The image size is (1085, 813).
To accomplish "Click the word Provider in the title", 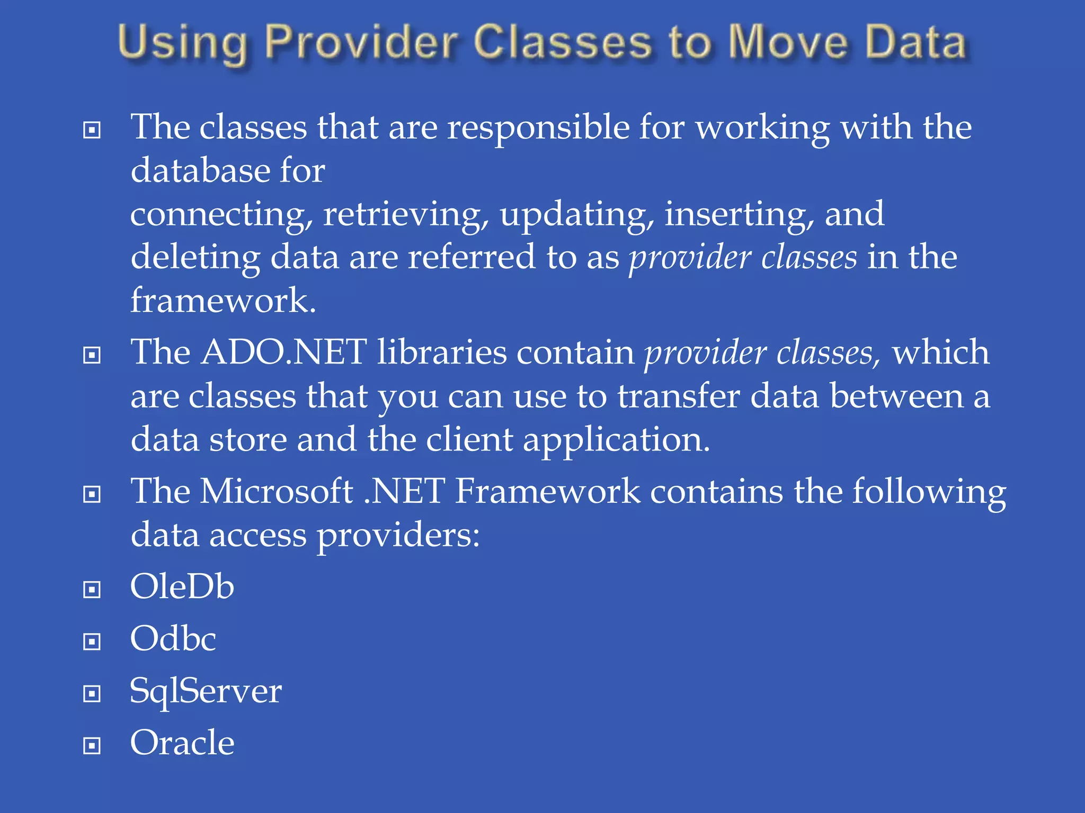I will [x=361, y=42].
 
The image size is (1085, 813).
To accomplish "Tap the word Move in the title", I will [x=787, y=42].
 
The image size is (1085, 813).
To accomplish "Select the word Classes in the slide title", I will [x=562, y=42].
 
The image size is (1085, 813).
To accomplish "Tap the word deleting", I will [x=195, y=257].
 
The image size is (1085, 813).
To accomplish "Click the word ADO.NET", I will [x=284, y=353].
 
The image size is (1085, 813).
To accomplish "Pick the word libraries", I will [x=442, y=353].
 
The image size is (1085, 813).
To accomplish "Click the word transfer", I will [x=679, y=396].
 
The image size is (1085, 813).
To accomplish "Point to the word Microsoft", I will [x=277, y=491].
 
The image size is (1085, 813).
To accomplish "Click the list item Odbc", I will [x=173, y=638].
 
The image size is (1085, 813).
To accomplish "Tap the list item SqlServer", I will [x=206, y=691].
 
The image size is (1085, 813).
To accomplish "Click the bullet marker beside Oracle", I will [x=92, y=746].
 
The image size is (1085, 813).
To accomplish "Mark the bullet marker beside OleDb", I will [x=92, y=590].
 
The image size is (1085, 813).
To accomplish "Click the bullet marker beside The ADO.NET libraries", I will [x=92, y=355].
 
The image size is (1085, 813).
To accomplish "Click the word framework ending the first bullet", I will [x=223, y=301].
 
